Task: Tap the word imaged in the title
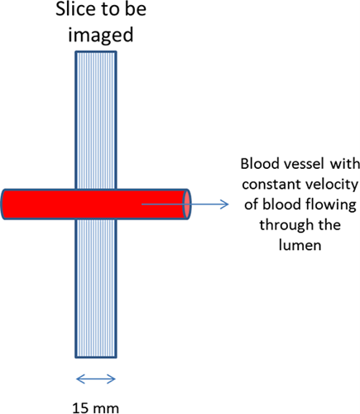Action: pos(101,35)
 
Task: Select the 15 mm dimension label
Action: pos(95,408)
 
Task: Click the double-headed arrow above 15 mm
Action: pos(96,379)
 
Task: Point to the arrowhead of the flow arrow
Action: pos(225,205)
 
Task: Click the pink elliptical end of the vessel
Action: pos(187,205)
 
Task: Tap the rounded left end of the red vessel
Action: pos(3,205)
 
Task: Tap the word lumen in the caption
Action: pos(300,245)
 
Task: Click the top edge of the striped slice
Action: pos(96,51)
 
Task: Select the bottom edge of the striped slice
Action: pos(96,357)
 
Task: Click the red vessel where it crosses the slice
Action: pos(96,205)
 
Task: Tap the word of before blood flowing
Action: pos(251,205)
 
